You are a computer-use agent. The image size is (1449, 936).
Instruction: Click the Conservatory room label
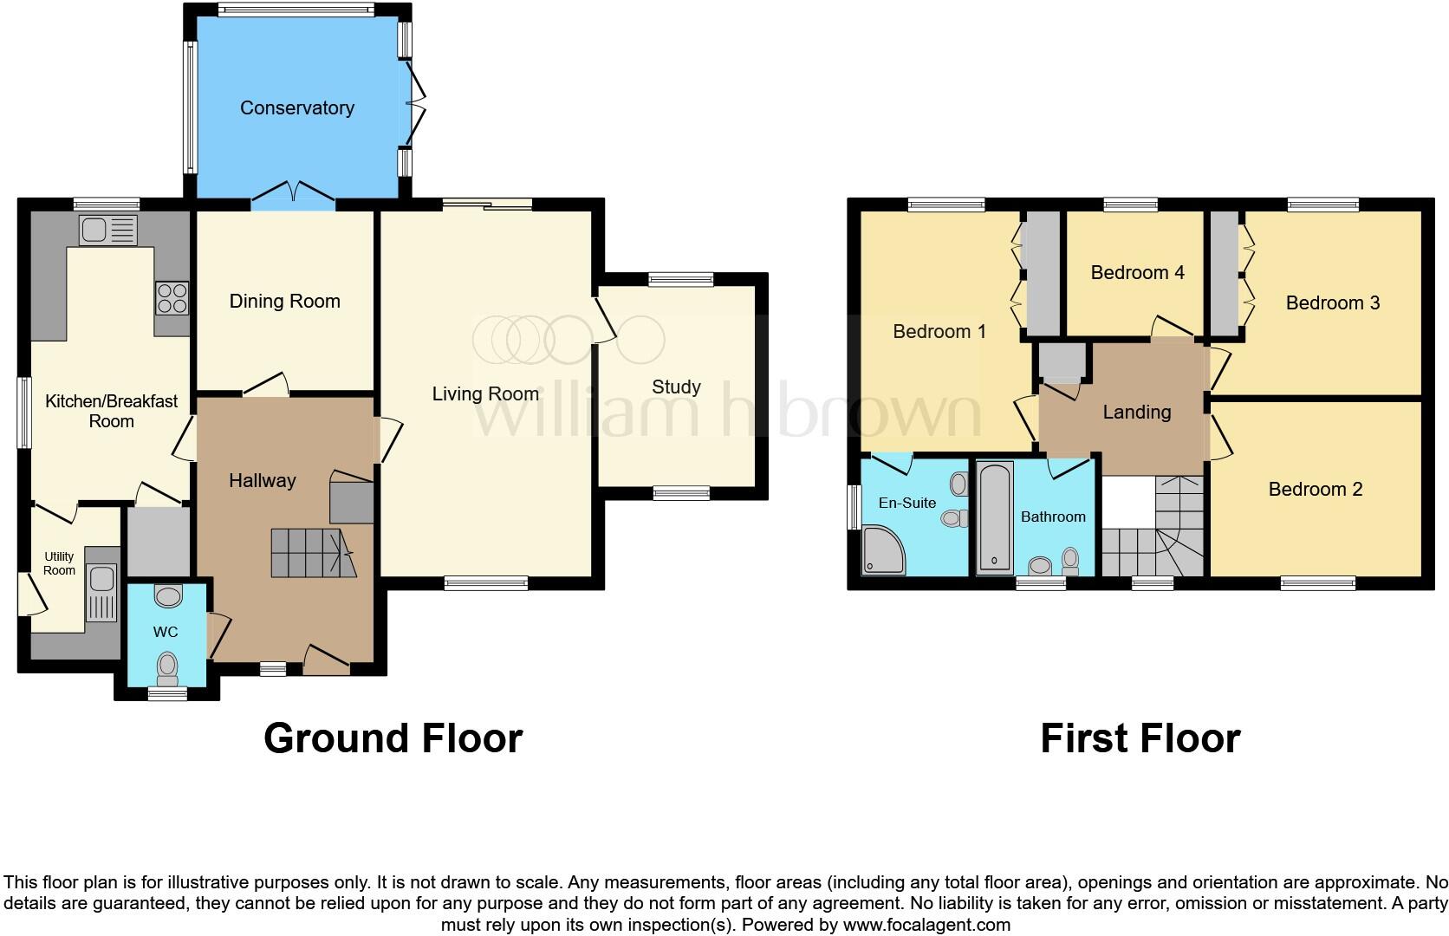(x=296, y=108)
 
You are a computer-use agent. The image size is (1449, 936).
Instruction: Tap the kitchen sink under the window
(x=107, y=230)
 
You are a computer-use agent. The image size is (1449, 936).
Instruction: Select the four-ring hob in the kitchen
(x=172, y=297)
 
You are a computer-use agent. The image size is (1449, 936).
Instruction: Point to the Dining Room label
(x=284, y=302)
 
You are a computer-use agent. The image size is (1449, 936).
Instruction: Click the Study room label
(x=676, y=387)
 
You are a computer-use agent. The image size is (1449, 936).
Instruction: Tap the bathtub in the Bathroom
(x=994, y=518)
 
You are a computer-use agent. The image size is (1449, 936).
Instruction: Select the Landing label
(x=1136, y=413)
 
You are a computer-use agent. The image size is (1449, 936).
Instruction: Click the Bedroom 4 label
(x=1137, y=273)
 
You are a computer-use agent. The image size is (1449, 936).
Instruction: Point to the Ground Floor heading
(x=393, y=738)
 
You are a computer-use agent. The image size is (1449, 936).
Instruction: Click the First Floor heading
(x=1140, y=738)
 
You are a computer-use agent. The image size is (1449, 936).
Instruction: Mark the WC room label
(x=166, y=633)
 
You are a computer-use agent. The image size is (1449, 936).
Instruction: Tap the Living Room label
(x=485, y=394)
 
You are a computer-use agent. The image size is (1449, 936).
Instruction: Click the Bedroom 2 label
(x=1315, y=490)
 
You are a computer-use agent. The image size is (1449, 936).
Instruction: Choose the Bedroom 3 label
(x=1332, y=303)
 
